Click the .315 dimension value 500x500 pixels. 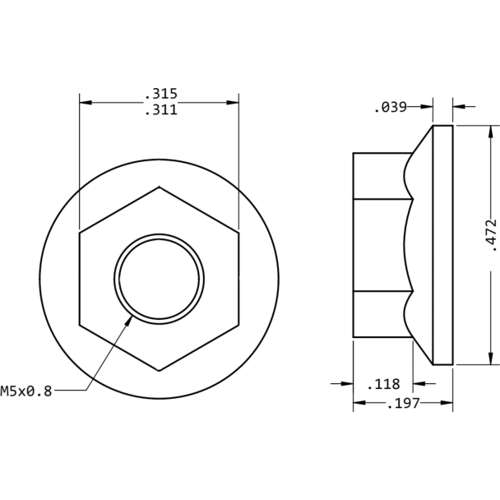[x=160, y=94]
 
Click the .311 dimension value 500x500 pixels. [x=160, y=110]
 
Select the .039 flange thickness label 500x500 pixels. [x=390, y=107]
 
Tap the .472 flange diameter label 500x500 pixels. [x=491, y=234]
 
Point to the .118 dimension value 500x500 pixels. [x=382, y=383]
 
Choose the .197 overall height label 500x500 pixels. [x=403, y=403]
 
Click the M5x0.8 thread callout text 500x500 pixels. [x=26, y=391]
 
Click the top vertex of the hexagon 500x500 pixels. [x=159, y=187]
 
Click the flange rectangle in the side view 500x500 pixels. [x=443, y=245]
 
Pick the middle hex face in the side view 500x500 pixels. [x=381, y=245]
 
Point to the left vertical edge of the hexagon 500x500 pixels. [x=80, y=278]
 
